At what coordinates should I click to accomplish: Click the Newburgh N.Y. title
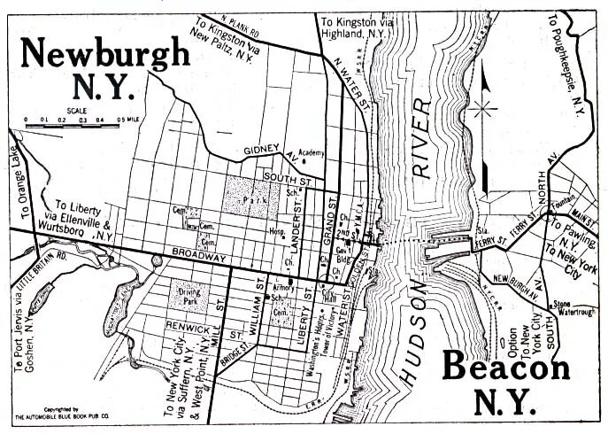[104, 69]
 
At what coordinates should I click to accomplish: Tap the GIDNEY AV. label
[264, 149]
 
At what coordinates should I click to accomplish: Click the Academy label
[312, 152]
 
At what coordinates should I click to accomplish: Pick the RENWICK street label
[190, 324]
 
